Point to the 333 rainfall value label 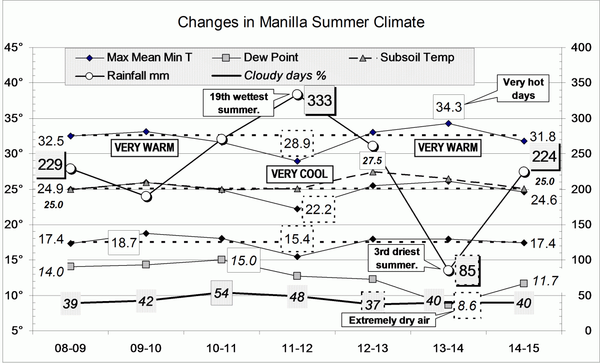(320, 101)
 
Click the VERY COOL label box (299, 174)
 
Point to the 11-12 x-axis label (297, 347)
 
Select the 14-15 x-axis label (523, 347)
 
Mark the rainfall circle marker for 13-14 (448, 270)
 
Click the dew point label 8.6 (467, 306)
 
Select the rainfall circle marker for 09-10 (146, 196)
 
